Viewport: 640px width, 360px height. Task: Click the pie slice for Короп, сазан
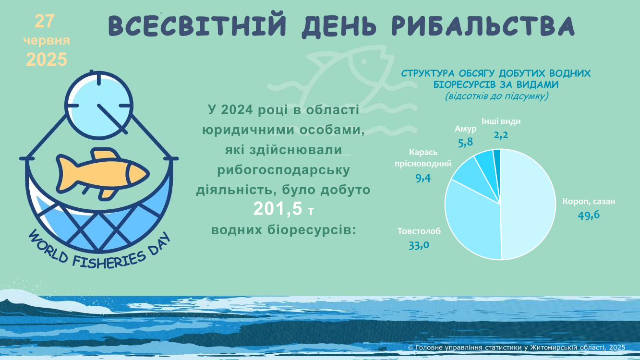point(529,204)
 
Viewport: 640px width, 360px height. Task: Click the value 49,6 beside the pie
point(589,215)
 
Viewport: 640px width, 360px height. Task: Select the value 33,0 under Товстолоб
point(419,245)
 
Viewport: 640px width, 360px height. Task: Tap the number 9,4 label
point(423,178)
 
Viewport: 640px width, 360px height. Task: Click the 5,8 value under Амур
point(465,142)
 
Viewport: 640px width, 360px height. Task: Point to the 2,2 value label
point(501,134)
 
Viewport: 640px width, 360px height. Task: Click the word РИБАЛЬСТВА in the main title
point(483,26)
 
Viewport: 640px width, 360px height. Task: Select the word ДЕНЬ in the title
point(339,26)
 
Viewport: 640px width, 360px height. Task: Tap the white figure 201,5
point(278,209)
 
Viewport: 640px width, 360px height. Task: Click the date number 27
point(44,22)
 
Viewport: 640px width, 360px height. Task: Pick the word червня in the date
point(47,41)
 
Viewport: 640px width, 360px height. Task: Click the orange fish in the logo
point(103,173)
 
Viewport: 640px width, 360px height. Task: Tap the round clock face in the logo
point(99,106)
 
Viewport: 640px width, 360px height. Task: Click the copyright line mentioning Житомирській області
point(517,348)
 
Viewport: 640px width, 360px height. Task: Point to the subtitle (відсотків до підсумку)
point(496,96)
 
